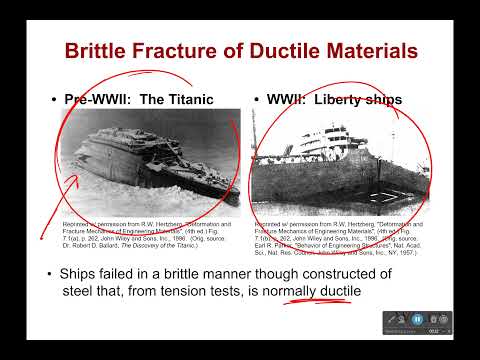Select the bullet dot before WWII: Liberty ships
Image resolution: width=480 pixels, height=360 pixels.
coord(257,101)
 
